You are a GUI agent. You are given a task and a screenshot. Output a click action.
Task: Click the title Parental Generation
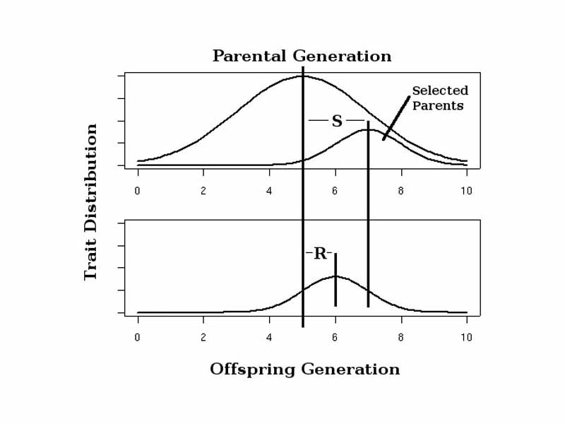pyautogui.click(x=302, y=56)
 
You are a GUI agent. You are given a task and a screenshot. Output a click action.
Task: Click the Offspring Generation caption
pyautogui.click(x=304, y=370)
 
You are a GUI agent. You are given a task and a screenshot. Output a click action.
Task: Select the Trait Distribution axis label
pyautogui.click(x=90, y=202)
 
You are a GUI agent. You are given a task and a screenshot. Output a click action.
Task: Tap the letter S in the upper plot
pyautogui.click(x=337, y=122)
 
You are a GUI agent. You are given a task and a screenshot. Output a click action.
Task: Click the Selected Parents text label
pyautogui.click(x=439, y=98)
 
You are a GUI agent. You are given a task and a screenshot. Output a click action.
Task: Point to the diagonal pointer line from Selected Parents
pyautogui.click(x=396, y=118)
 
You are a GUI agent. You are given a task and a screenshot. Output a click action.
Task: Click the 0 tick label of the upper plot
pyautogui.click(x=137, y=191)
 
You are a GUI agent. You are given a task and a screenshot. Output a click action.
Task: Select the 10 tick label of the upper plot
pyautogui.click(x=466, y=191)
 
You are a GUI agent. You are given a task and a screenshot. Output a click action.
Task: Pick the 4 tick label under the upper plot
pyautogui.click(x=269, y=191)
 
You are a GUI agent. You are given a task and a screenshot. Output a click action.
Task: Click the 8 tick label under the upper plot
pyautogui.click(x=400, y=191)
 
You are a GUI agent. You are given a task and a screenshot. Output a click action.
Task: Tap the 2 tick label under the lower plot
pyautogui.click(x=203, y=338)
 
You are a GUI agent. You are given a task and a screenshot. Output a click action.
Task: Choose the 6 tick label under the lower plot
pyautogui.click(x=335, y=338)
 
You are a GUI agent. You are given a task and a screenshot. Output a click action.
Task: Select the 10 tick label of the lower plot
pyautogui.click(x=466, y=338)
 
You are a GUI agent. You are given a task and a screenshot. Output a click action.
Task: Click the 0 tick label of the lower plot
pyautogui.click(x=137, y=338)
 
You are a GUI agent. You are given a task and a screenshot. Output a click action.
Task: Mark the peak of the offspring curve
pyautogui.click(x=335, y=276)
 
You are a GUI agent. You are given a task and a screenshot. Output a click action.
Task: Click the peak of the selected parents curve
pyautogui.click(x=368, y=130)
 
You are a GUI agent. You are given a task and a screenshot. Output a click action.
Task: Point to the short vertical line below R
pyautogui.click(x=335, y=283)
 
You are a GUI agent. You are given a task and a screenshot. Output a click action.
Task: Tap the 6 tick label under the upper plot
pyautogui.click(x=335, y=191)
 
